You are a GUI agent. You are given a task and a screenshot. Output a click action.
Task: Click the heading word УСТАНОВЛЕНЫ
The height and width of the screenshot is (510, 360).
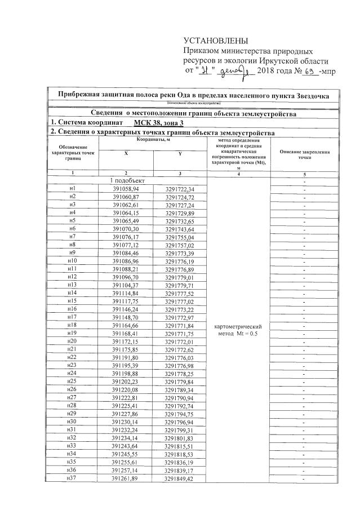(216, 41)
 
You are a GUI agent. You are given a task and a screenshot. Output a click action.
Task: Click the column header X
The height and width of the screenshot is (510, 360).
(126, 153)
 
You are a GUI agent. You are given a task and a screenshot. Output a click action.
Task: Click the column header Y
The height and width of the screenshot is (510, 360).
(180, 153)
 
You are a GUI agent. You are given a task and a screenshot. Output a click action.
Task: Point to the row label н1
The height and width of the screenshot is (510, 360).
(72, 188)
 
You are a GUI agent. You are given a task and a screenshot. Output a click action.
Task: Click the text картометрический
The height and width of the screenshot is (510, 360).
(239, 326)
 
